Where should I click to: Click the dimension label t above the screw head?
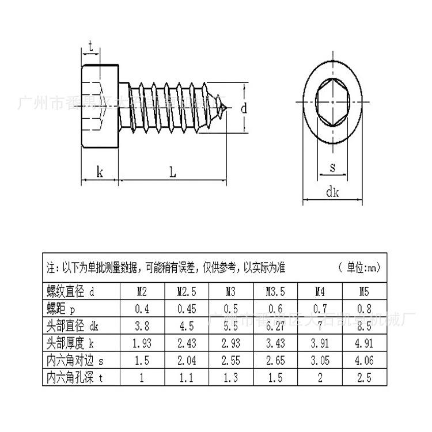tap(91, 47)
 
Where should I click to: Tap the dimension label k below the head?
tap(100, 171)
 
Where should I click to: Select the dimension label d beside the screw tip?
tap(244, 108)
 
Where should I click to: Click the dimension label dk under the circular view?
tap(333, 192)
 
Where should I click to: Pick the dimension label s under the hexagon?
tap(332, 167)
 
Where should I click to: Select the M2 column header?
tap(142, 292)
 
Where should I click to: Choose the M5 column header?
tap(364, 292)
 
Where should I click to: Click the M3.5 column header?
tap(275, 292)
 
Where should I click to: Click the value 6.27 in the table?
tap(275, 326)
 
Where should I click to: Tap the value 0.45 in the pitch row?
tap(186, 309)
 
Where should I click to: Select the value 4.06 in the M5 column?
tap(364, 361)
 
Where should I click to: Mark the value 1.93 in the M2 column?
tap(142, 343)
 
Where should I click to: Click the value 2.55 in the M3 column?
tap(230, 361)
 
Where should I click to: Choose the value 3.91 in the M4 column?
tap(319, 343)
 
